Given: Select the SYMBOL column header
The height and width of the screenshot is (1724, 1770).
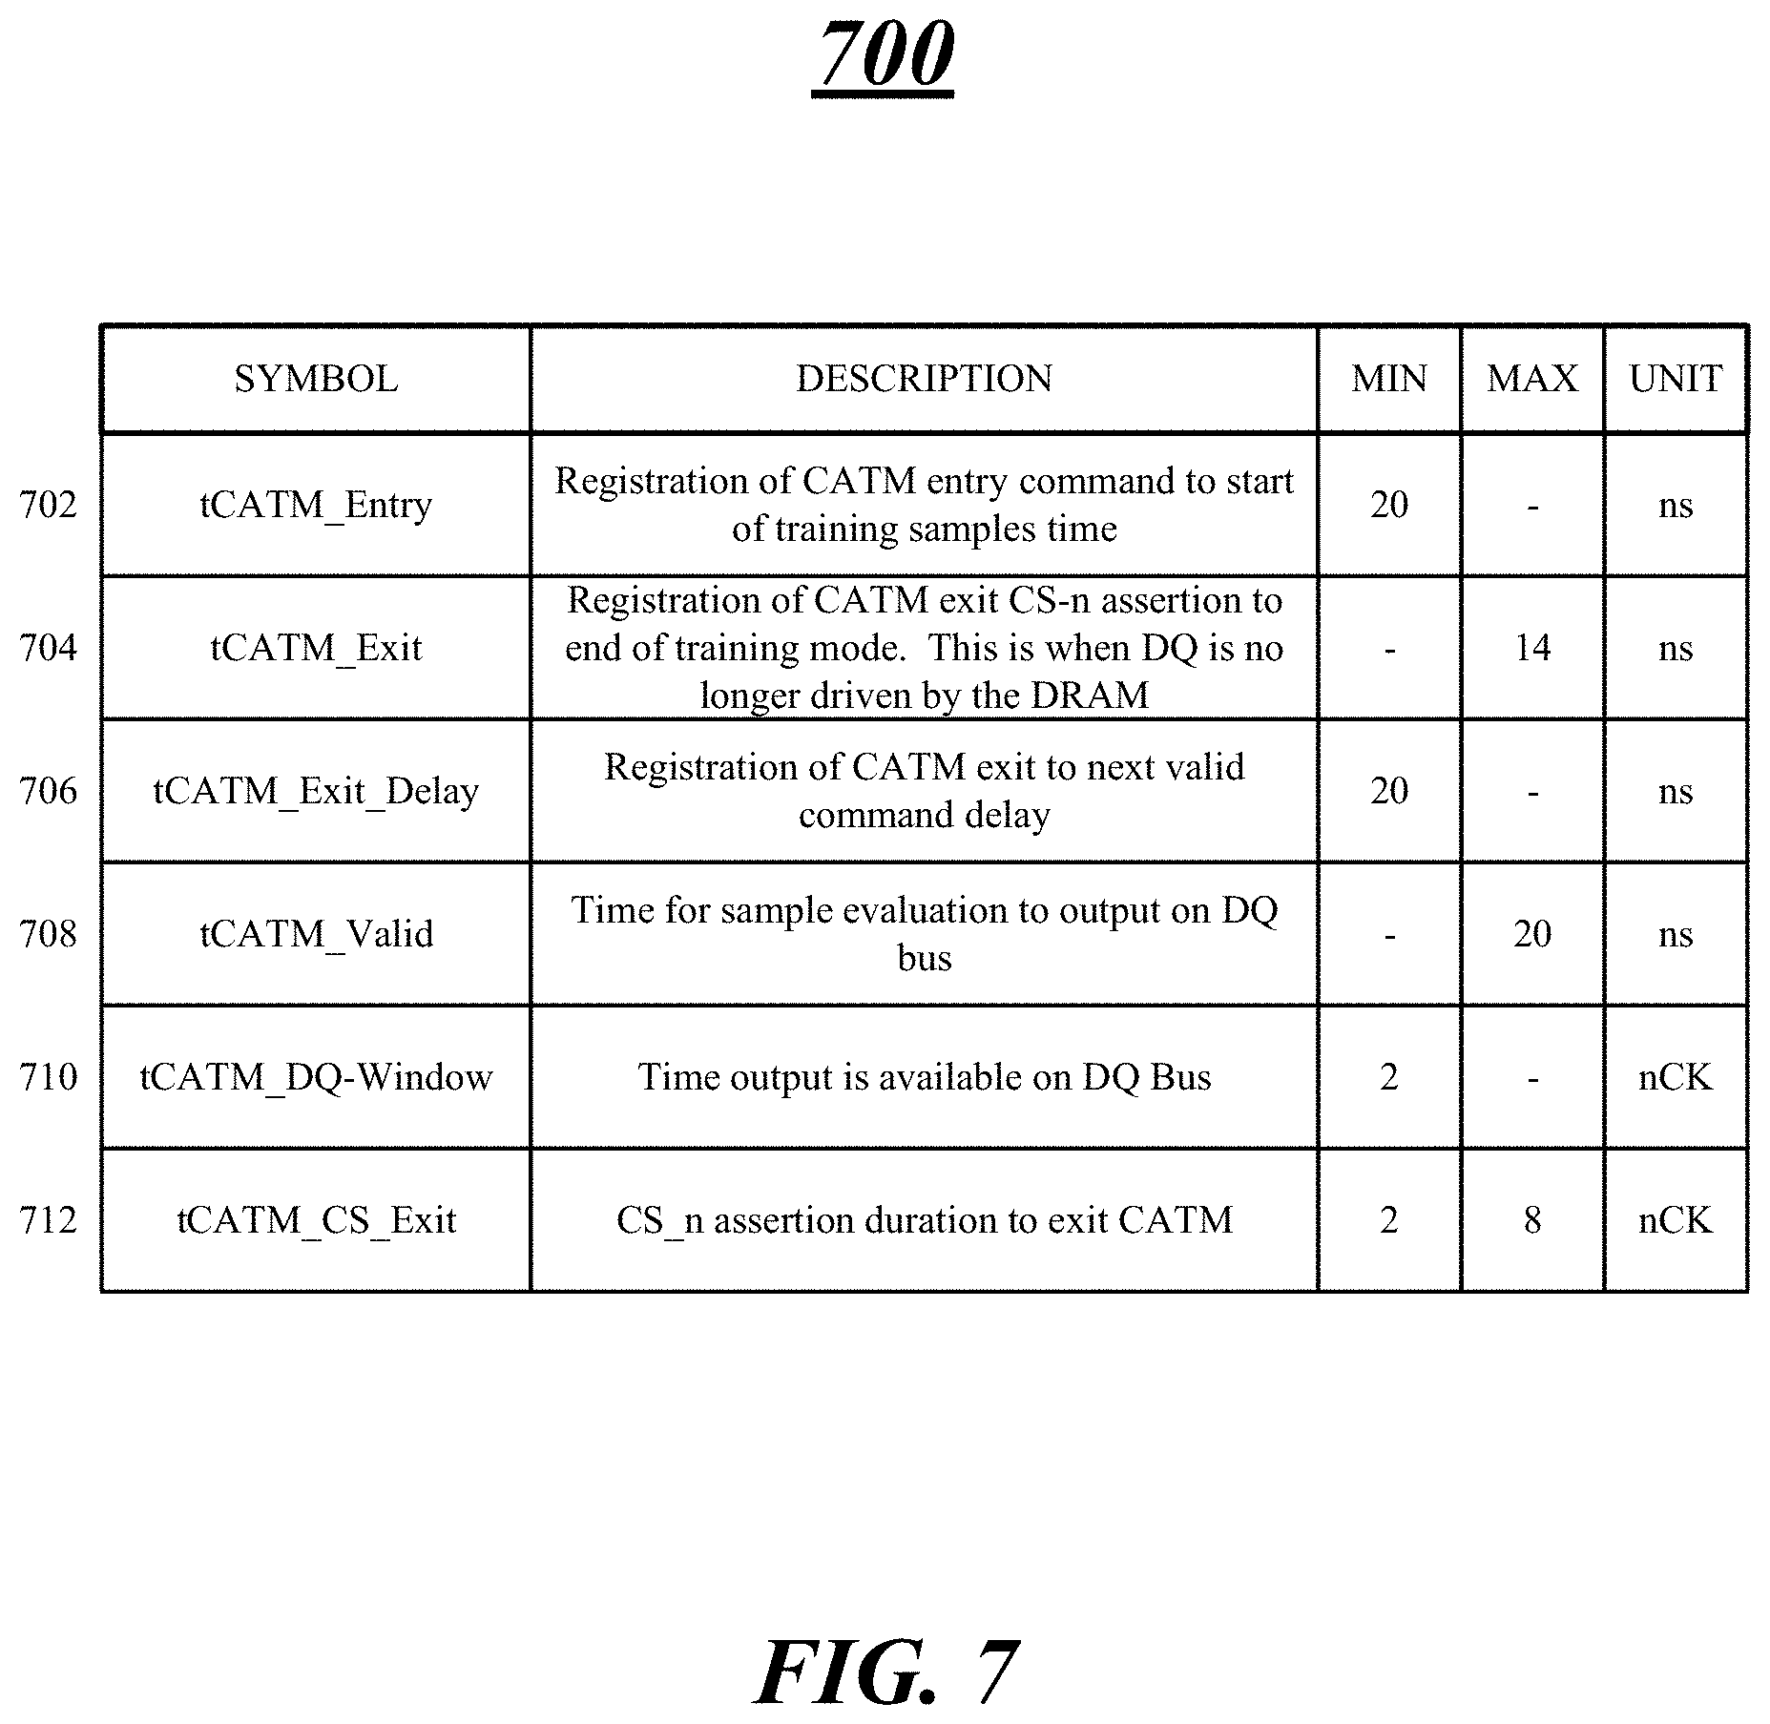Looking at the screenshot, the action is (x=316, y=380).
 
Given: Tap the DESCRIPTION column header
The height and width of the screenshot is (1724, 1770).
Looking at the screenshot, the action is (x=924, y=380).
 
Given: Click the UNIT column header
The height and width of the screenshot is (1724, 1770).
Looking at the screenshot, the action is (x=1676, y=380).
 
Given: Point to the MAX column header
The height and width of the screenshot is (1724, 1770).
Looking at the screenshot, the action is (x=1531, y=380).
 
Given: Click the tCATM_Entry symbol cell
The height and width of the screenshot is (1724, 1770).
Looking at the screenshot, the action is (x=316, y=505).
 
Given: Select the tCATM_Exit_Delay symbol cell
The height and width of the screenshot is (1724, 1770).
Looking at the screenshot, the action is (x=316, y=791).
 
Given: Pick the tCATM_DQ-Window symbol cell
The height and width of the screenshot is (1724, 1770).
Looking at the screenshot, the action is (x=316, y=1077).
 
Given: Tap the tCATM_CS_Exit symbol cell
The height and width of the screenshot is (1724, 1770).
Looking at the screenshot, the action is (x=316, y=1220).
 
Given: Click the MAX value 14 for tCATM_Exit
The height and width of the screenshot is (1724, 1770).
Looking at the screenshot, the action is (x=1532, y=648).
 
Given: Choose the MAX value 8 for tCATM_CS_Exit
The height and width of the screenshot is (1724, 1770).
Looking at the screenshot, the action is (x=1532, y=1220).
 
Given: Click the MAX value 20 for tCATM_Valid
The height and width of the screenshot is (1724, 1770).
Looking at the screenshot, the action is (x=1532, y=934).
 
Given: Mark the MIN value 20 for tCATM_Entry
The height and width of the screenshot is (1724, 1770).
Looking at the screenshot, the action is (x=1389, y=505).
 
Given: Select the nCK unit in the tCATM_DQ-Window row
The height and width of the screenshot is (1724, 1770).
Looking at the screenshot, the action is (x=1676, y=1077).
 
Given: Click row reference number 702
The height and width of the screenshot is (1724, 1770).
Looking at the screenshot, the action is (x=48, y=505).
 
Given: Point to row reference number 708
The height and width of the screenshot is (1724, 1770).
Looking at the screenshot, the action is (x=48, y=934).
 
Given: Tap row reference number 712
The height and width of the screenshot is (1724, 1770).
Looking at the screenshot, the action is (x=48, y=1220).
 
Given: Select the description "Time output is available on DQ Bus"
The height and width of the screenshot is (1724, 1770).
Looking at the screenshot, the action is (x=924, y=1077).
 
